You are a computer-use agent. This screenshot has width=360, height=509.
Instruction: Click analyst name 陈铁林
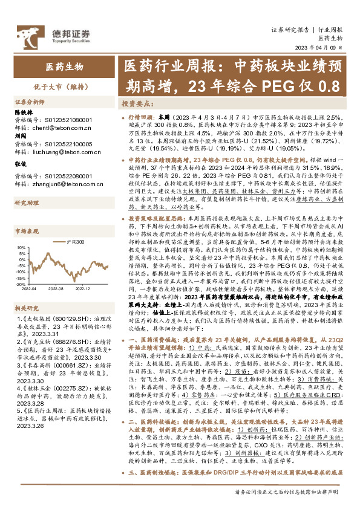point(25,113)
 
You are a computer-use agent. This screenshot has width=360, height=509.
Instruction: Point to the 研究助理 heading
point(27,203)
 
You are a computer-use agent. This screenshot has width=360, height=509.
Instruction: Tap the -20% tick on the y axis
point(25,279)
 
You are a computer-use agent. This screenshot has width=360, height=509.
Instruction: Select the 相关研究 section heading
point(27,308)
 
